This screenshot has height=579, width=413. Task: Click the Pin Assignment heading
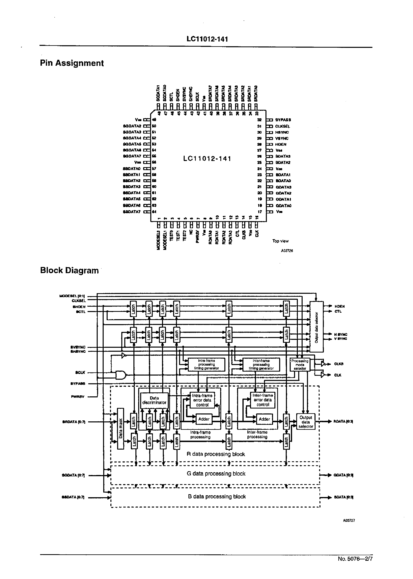pos(72,63)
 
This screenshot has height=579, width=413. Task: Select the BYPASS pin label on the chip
pos(283,120)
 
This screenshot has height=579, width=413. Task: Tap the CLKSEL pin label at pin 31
pos(283,126)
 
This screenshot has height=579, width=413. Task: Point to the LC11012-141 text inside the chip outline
pos(207,159)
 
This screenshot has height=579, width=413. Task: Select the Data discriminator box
pos(154,400)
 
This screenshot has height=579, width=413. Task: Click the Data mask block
pos(121,429)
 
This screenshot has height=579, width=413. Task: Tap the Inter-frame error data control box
pos(263,400)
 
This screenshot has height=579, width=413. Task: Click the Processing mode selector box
pos(300,364)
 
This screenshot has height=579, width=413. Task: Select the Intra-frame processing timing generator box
pos(206,364)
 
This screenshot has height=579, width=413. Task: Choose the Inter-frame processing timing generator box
pos(261,364)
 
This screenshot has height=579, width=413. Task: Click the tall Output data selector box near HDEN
pos(316,327)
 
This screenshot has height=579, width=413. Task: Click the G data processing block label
pos(216,474)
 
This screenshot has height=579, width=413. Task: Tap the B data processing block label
pos(217,496)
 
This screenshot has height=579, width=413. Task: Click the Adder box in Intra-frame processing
pos(204,419)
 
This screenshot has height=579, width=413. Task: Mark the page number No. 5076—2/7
pos(355,559)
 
